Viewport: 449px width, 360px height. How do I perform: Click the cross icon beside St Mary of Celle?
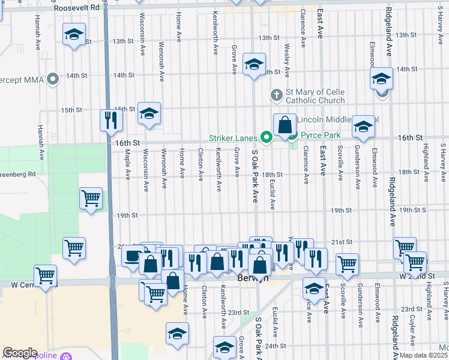pos(276,94)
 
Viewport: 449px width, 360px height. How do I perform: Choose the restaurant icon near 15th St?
pos(110,120)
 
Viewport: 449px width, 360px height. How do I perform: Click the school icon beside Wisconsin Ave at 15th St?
pos(149,113)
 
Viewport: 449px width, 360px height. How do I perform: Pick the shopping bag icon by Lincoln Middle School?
pos(285,125)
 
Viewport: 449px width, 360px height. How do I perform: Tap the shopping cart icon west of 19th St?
pos(91,197)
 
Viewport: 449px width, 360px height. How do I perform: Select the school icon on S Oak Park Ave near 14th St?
pos(255,63)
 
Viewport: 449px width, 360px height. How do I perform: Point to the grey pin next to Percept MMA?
pos(53,78)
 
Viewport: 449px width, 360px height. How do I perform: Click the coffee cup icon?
pos(131,256)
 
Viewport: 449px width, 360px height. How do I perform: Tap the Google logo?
pos(20,352)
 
